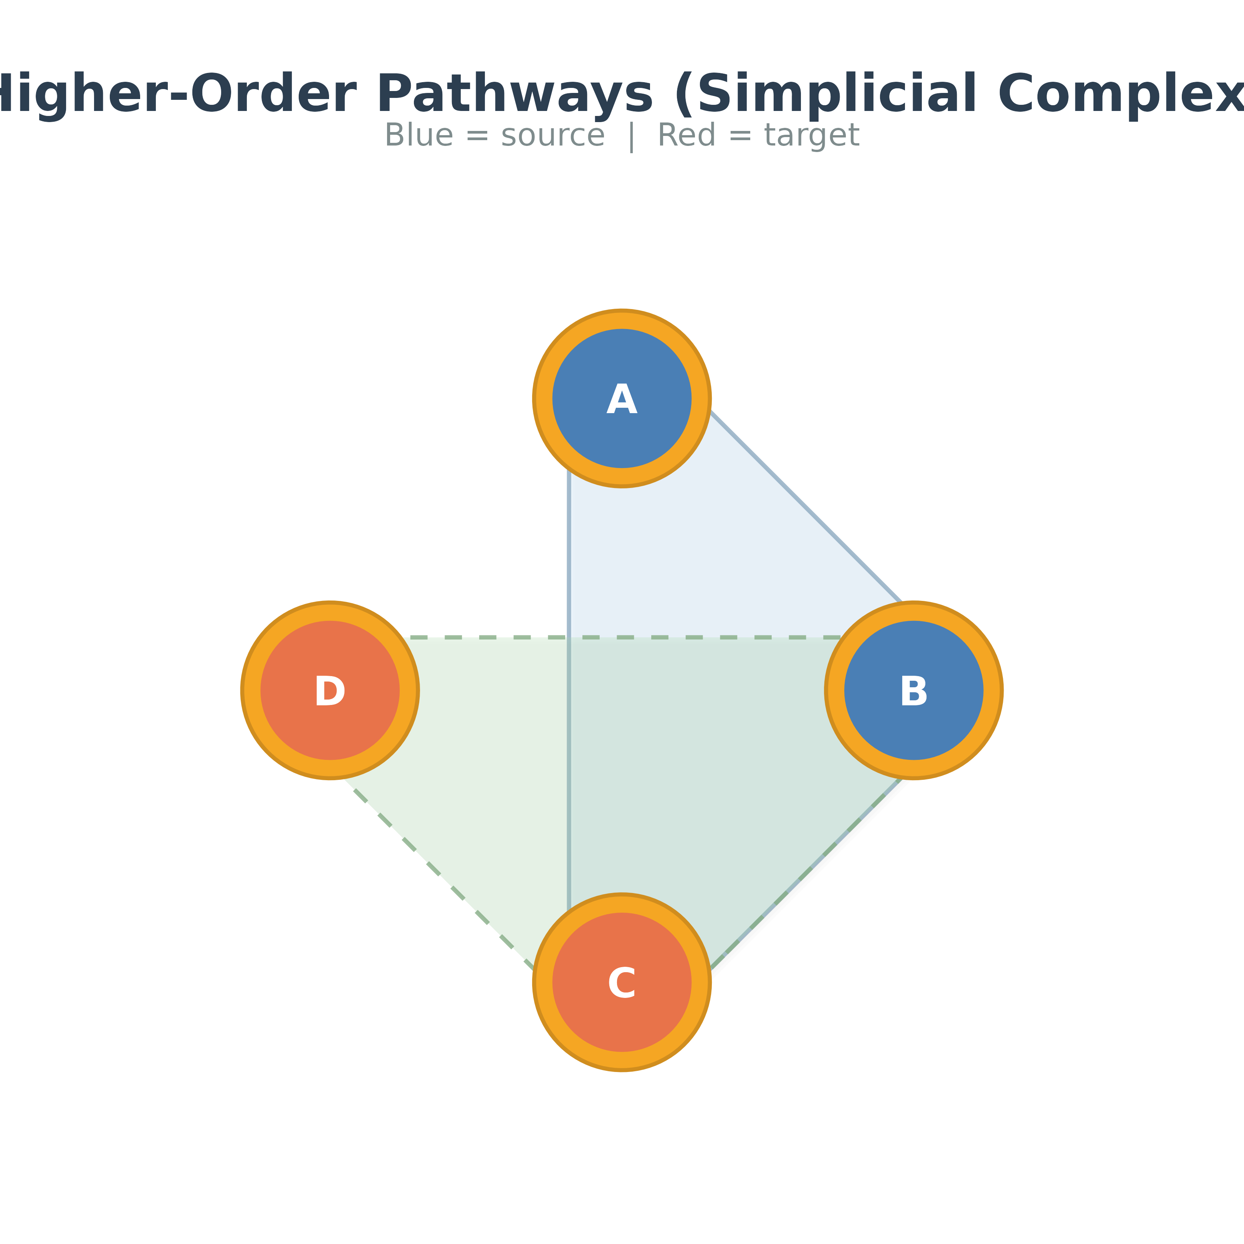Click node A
tap(621, 425)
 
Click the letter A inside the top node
tap(621, 400)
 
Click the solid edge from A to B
tap(805, 505)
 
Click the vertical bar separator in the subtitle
tap(631, 137)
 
